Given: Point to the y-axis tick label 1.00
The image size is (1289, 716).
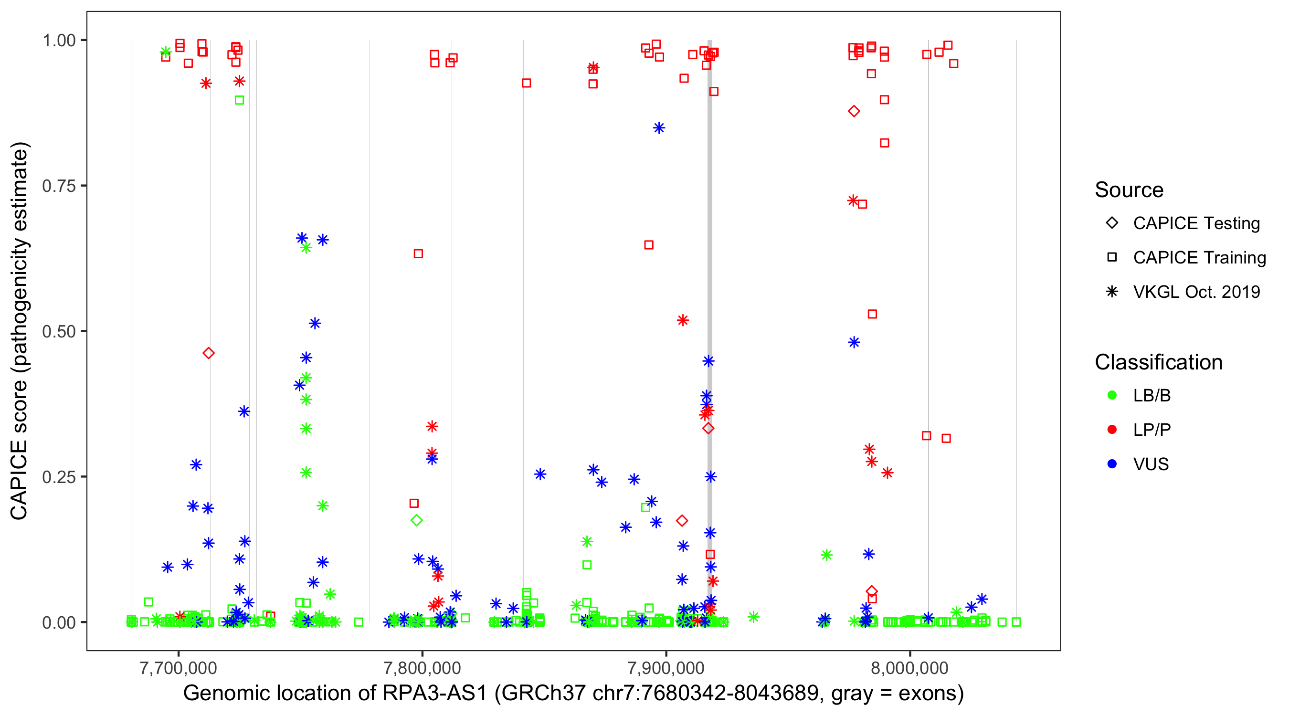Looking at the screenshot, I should click(x=58, y=41).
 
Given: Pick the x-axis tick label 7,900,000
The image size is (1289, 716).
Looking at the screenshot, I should click(x=666, y=668).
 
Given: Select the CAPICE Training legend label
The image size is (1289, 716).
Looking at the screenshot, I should click(x=1199, y=258).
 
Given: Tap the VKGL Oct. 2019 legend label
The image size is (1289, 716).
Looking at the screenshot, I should click(x=1196, y=292).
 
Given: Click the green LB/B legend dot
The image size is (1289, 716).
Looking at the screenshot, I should click(x=1112, y=396).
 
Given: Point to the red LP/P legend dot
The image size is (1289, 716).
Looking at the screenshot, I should click(x=1112, y=430).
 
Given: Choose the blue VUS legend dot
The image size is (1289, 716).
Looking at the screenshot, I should click(x=1112, y=464).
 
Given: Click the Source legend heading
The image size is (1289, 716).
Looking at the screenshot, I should click(x=1129, y=190).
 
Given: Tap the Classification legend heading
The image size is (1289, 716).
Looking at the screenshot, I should click(x=1158, y=362).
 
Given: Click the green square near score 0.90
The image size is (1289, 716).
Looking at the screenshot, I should click(x=239, y=101).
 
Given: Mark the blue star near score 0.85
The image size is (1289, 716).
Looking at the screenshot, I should click(x=658, y=128).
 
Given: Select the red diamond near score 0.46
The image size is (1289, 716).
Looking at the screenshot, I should click(x=209, y=354).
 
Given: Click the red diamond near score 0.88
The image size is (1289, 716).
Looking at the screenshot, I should click(x=854, y=112).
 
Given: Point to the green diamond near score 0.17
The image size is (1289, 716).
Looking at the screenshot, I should click(x=416, y=520).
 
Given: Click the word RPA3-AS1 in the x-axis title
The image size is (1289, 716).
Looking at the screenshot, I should click(x=434, y=694).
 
